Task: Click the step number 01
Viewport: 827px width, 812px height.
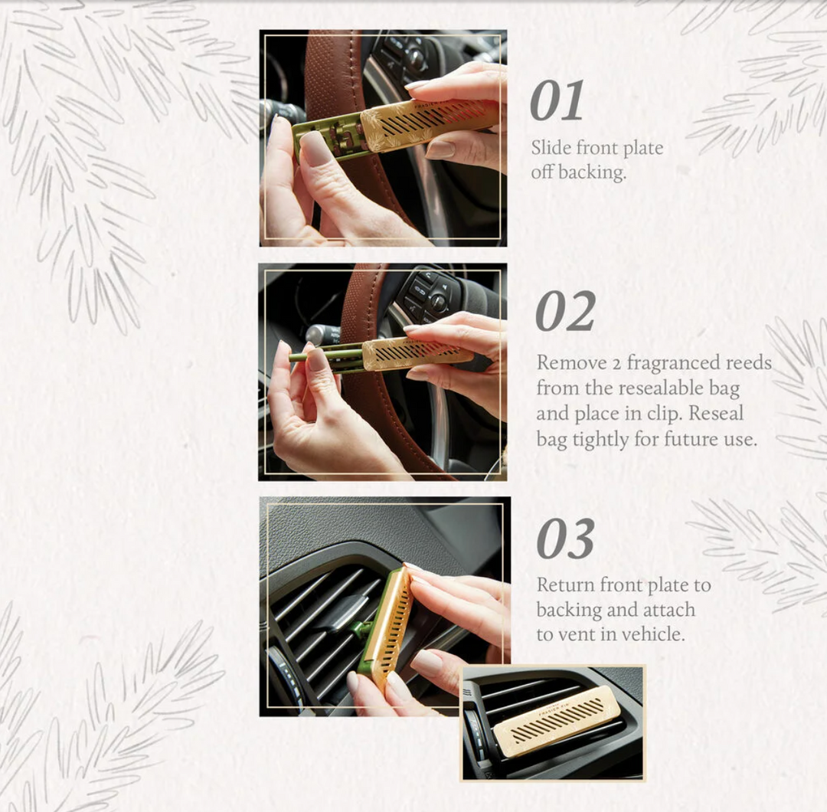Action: coord(557,101)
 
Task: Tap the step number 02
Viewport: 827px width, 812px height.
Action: coord(565,311)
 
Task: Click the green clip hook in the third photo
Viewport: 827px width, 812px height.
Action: coord(358,630)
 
